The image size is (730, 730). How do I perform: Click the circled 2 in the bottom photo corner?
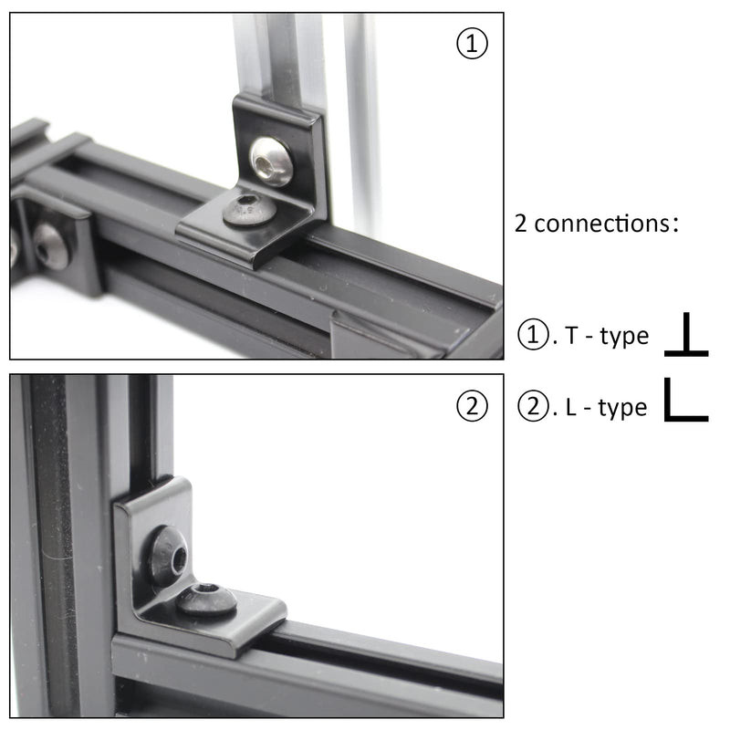472,408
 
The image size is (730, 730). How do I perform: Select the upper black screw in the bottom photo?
169,556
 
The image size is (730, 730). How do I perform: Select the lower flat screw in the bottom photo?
206,600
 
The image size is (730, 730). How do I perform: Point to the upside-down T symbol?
686,336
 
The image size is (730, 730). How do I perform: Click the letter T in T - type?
570,337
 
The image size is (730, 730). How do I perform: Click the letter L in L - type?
570,408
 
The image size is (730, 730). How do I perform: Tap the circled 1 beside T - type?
532,336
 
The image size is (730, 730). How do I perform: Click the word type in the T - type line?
624,338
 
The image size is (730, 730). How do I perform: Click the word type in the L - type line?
623,409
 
